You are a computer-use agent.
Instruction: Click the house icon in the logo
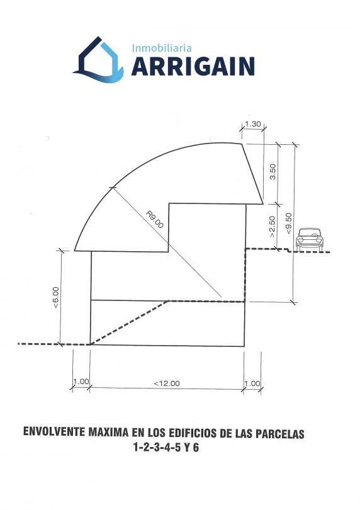(98, 60)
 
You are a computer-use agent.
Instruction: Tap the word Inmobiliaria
(162, 48)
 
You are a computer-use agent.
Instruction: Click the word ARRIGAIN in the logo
(193, 66)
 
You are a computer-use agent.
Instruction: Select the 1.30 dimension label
(253, 124)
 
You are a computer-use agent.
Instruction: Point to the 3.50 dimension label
(273, 171)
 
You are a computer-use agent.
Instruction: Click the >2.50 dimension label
(272, 227)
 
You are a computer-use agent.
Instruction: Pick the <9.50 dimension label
(288, 223)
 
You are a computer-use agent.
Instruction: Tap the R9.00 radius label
(154, 220)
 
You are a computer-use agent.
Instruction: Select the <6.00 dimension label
(55, 297)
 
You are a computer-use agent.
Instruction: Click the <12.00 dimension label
(167, 383)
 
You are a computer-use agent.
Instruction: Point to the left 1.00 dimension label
(81, 381)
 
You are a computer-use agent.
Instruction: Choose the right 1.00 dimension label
(252, 383)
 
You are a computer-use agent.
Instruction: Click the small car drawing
(310, 239)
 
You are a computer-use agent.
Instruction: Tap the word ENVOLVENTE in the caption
(55, 432)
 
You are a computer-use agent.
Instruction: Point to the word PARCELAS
(280, 434)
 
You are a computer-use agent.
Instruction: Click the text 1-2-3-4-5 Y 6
(166, 448)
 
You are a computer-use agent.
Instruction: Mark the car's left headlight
(300, 240)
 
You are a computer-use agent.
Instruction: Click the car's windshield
(310, 232)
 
